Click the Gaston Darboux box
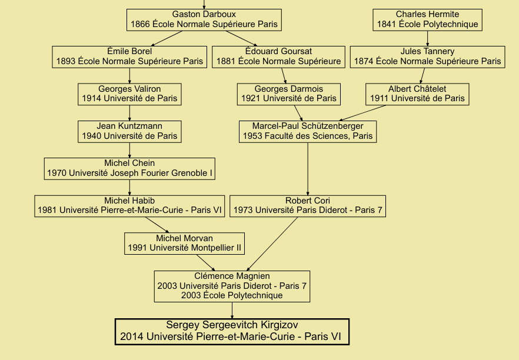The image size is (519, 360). tap(204, 19)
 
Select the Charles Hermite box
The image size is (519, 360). tap(427, 19)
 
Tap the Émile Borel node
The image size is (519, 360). tap(129, 56)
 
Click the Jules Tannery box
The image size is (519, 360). tap(427, 56)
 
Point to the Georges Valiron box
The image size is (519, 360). tap(129, 94)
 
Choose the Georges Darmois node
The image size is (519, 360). tap(288, 94)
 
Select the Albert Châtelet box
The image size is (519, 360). tap(417, 94)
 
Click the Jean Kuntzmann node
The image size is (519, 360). tap(129, 131)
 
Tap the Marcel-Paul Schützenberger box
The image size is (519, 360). tap(308, 131)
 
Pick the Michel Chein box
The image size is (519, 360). tap(129, 168)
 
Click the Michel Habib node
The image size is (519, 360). tap(129, 206)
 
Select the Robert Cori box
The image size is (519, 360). tap(308, 206)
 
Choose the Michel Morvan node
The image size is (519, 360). tap(184, 243)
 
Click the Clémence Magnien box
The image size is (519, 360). tap(232, 285)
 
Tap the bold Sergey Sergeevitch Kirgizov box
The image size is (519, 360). tap(232, 331)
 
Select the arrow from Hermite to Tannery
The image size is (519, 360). tap(427, 38)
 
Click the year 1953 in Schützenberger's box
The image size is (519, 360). tap(253, 136)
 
